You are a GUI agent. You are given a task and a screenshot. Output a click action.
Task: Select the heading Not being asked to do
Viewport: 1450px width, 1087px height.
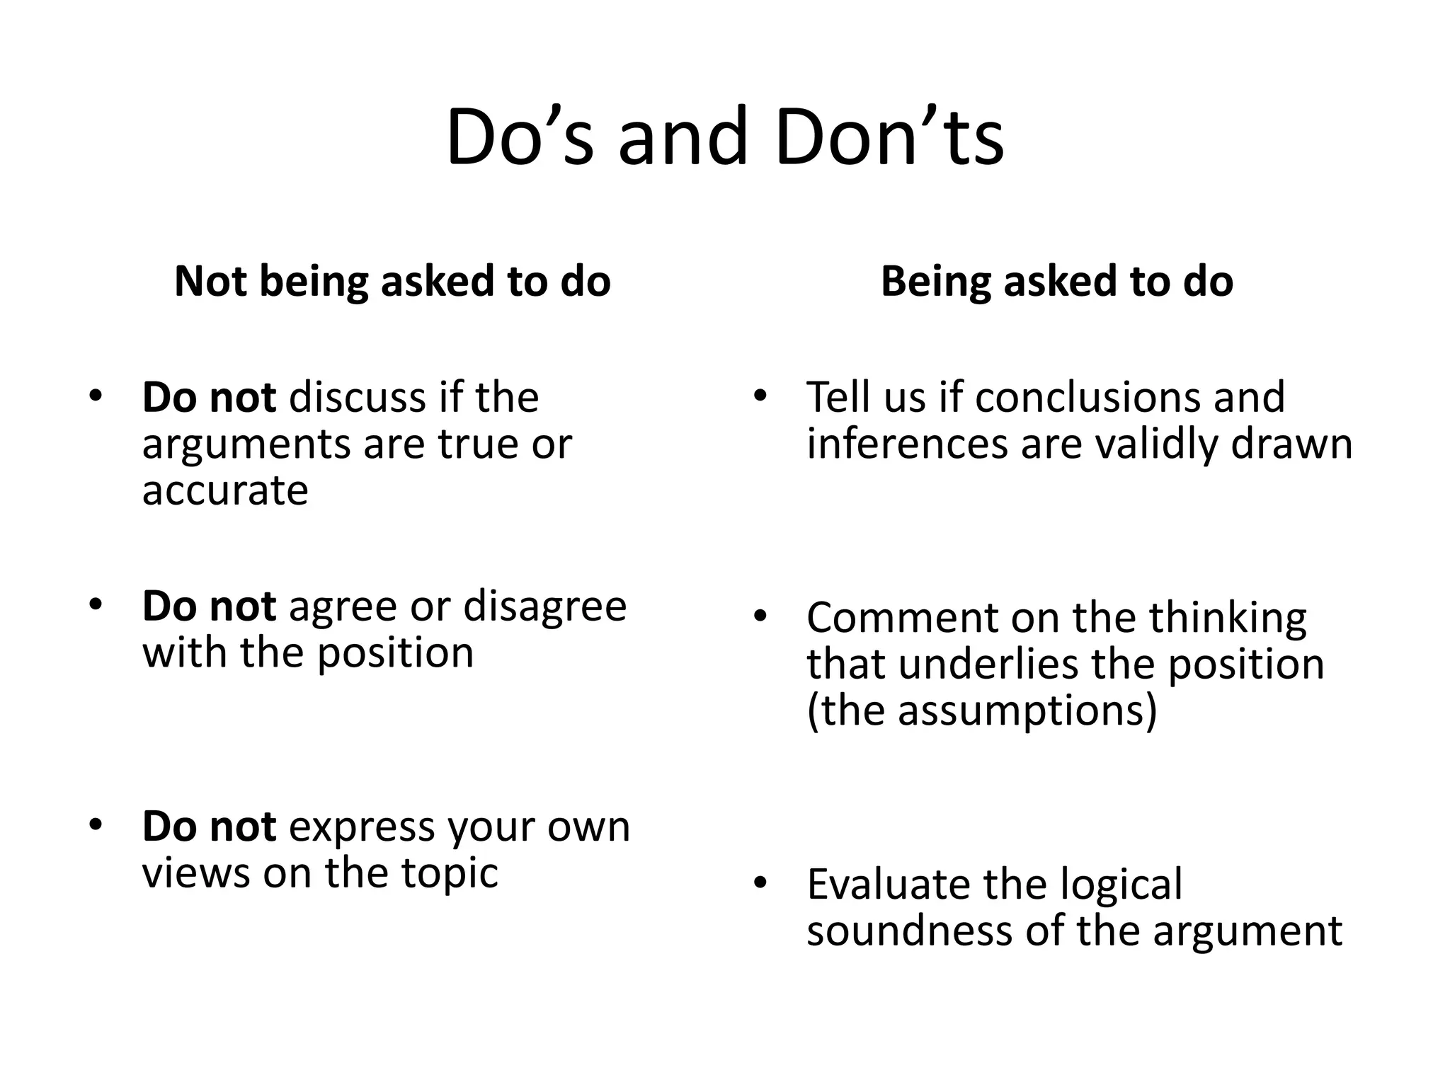(x=392, y=281)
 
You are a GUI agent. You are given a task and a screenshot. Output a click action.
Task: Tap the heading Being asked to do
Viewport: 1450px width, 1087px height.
(x=1056, y=281)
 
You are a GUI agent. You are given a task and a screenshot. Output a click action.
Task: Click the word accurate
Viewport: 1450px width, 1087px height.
(x=225, y=490)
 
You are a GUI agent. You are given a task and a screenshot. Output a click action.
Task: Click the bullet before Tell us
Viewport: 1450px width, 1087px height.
(x=760, y=396)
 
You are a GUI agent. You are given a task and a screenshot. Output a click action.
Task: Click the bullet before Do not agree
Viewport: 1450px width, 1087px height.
(x=96, y=605)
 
